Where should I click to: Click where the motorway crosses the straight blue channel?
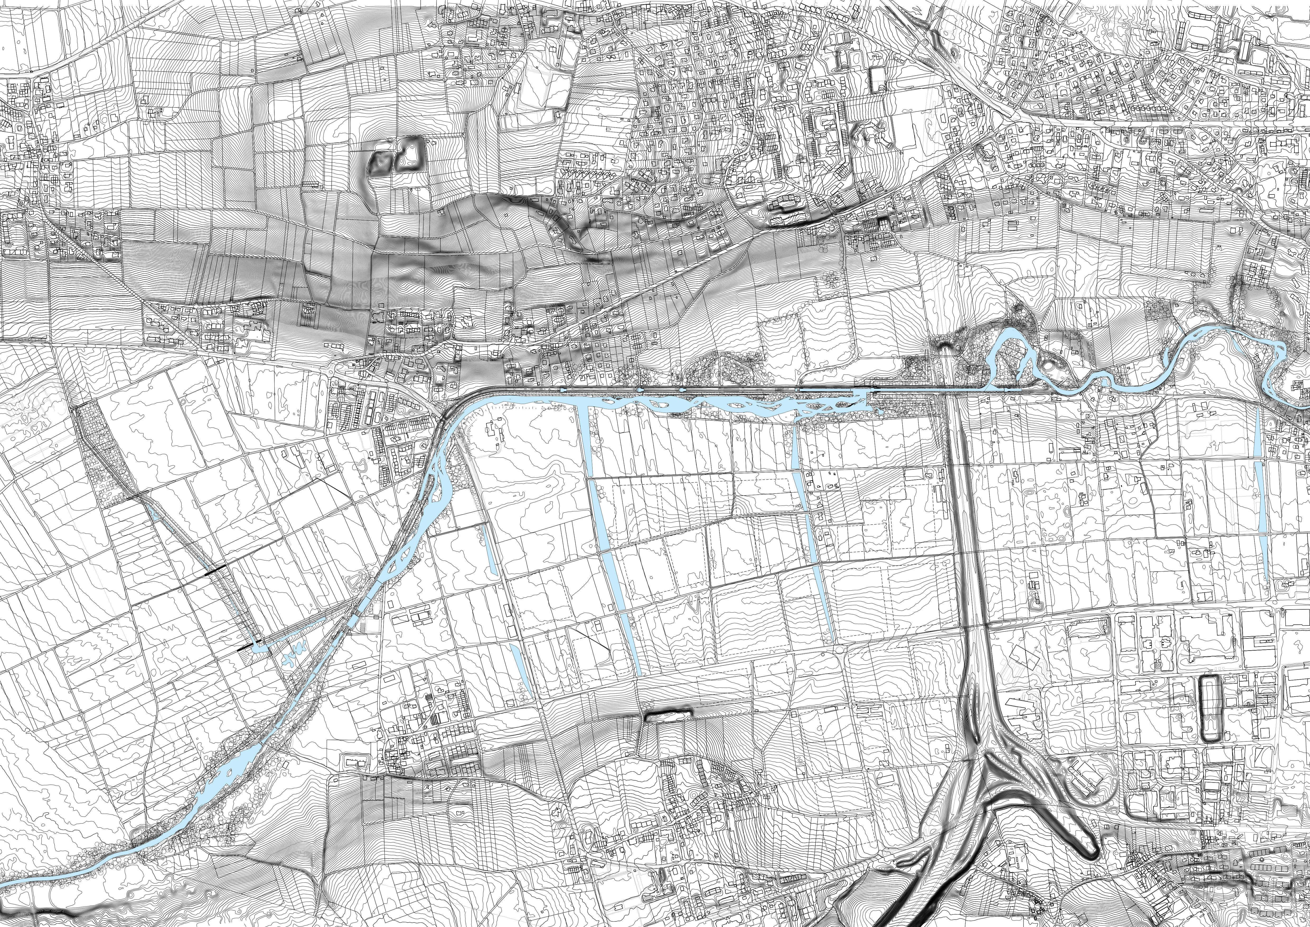[x=959, y=391]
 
